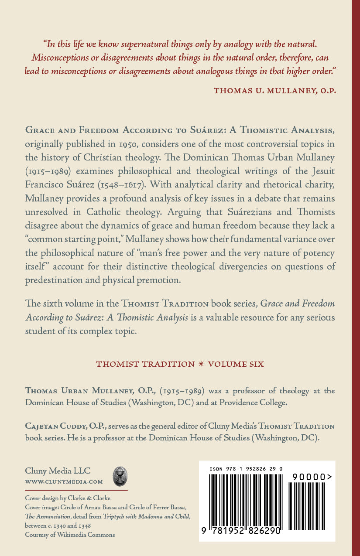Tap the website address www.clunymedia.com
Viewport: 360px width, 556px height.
[x=64, y=482]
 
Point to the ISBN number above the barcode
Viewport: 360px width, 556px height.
[x=246, y=469]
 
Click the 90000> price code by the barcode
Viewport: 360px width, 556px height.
[x=312, y=478]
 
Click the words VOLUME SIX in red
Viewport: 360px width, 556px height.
[x=236, y=364]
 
